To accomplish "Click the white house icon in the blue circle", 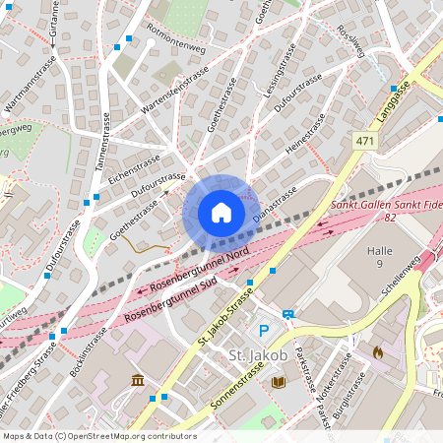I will click(x=221, y=213).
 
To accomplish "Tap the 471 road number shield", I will click(x=366, y=143).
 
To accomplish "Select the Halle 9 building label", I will click(x=373, y=258).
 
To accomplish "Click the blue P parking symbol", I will click(x=263, y=331).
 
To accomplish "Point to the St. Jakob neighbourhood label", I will click(x=257, y=354).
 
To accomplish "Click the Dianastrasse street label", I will click(x=275, y=202).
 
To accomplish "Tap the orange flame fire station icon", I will click(x=378, y=350).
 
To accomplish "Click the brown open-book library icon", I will click(x=279, y=380).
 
